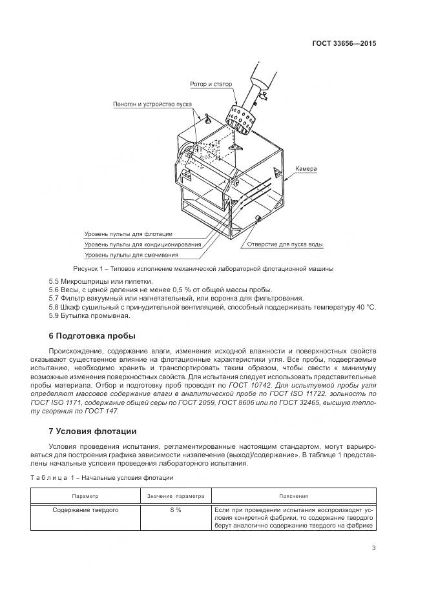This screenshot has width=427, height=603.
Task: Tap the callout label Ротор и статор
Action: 211,84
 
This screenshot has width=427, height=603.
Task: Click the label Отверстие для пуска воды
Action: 285,245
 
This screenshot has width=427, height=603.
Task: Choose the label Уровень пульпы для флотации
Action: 132,234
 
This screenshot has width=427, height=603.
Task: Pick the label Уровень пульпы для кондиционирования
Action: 142,244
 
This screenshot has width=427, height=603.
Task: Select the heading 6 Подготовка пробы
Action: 92,336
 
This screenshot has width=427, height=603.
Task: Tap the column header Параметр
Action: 85,497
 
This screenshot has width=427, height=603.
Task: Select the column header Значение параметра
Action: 175,497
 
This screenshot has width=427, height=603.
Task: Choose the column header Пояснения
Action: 293,497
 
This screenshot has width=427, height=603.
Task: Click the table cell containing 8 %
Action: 175,509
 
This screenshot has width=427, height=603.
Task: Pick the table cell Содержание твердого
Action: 85,509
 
